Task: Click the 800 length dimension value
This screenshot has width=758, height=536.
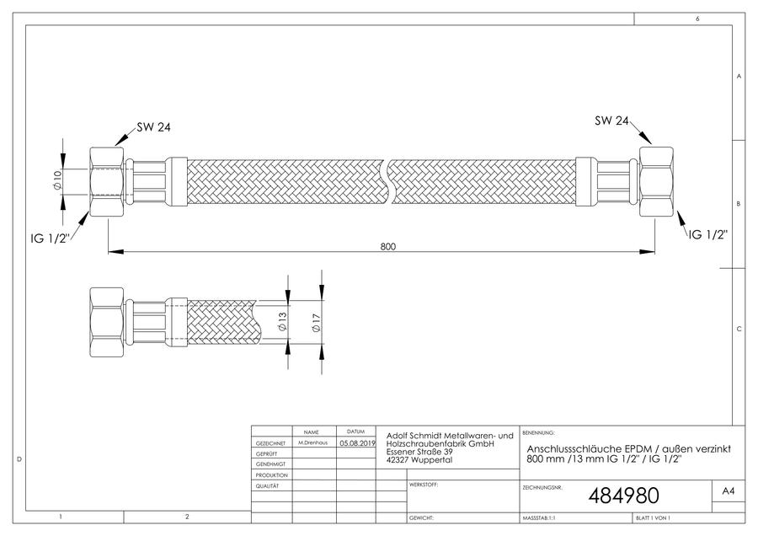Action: click(387, 246)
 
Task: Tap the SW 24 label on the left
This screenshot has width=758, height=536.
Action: click(153, 127)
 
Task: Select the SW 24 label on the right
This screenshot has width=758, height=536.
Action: click(611, 121)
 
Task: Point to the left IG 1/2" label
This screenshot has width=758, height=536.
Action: click(51, 238)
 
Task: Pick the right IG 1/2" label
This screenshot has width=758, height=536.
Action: click(708, 234)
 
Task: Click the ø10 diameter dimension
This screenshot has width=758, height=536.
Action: click(57, 180)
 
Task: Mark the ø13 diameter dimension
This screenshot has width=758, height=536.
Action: click(282, 322)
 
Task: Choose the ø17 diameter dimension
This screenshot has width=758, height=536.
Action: click(316, 323)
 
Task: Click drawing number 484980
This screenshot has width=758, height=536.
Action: click(623, 496)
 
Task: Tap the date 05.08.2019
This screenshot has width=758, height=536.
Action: click(357, 442)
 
